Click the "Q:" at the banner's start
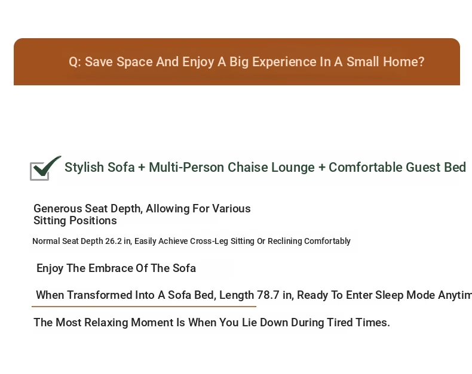[x=75, y=62]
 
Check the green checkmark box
[x=45, y=168]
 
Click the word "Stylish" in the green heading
[x=84, y=168]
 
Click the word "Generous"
[x=58, y=208]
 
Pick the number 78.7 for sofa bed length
[x=268, y=295]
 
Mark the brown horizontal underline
[x=144, y=307]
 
